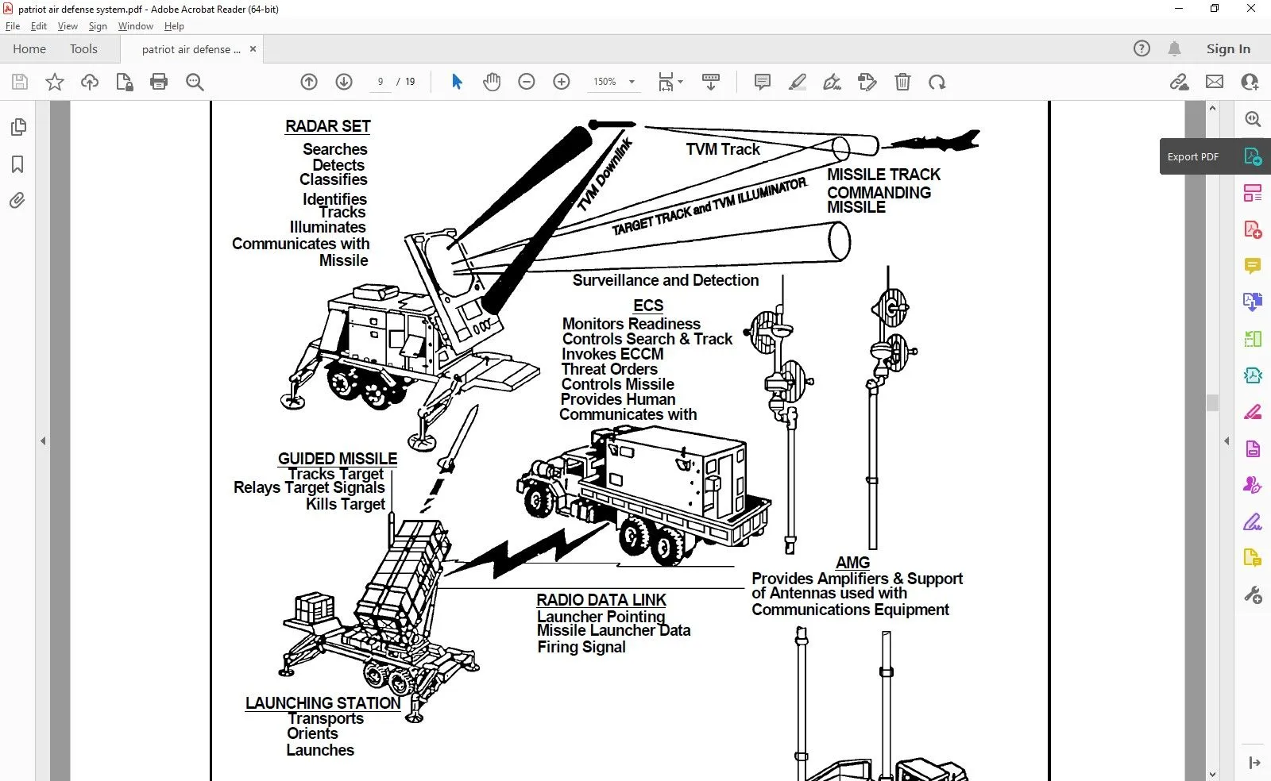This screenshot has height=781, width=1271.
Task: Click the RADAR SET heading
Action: (x=327, y=126)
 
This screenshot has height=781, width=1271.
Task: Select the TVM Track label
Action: (x=723, y=149)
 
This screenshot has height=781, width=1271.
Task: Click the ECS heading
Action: (x=648, y=306)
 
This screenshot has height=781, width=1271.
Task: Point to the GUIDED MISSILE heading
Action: (x=338, y=459)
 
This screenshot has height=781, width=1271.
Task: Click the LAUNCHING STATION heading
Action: (x=323, y=703)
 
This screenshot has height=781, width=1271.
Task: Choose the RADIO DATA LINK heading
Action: (x=601, y=600)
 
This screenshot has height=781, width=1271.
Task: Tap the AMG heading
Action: (x=852, y=563)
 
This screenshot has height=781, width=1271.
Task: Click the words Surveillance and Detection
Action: (x=666, y=280)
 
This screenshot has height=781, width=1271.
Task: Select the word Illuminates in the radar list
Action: (x=327, y=227)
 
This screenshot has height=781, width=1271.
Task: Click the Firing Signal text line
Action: (x=581, y=647)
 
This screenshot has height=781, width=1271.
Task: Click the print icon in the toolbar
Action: (x=159, y=82)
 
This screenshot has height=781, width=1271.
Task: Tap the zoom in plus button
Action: (x=562, y=82)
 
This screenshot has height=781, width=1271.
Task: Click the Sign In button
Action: (x=1228, y=49)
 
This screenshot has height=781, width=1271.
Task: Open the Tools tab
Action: (x=83, y=49)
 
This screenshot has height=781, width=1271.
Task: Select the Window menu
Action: (x=135, y=26)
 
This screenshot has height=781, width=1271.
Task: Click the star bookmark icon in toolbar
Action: (x=55, y=82)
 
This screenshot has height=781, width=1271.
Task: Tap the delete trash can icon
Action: (x=902, y=82)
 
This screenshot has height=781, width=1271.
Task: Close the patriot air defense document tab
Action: (x=253, y=49)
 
